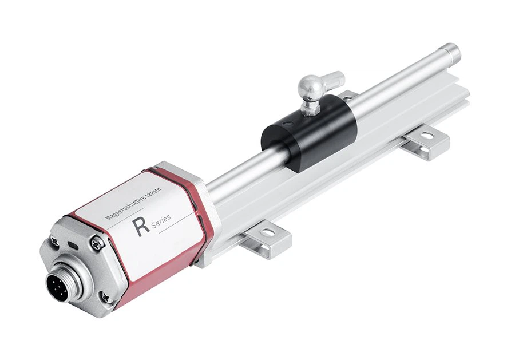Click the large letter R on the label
pyautogui.click(x=141, y=227)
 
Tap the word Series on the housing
pyautogui.click(x=161, y=221)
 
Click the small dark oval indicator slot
pyautogui.click(x=72, y=245)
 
